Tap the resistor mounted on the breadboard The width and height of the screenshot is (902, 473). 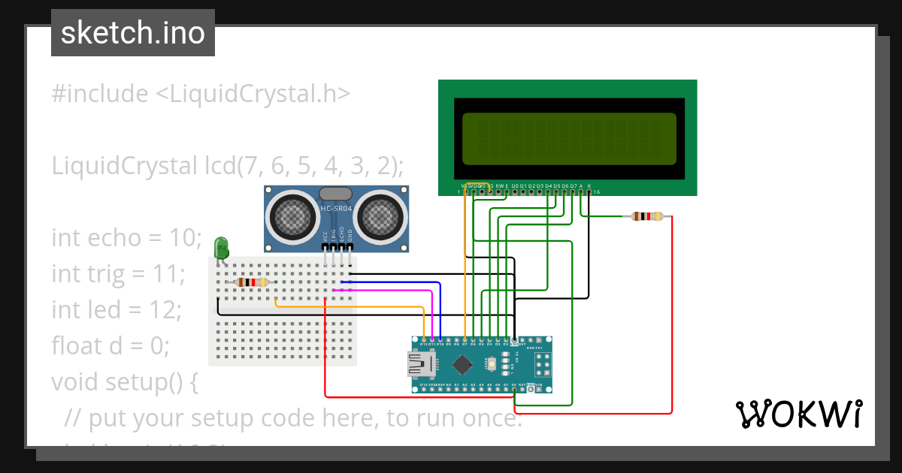tap(252, 282)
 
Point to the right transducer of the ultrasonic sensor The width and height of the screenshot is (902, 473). tap(380, 216)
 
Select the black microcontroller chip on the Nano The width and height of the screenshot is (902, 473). tap(462, 364)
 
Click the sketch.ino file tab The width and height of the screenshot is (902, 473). tap(133, 33)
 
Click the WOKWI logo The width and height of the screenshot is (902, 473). tap(798, 414)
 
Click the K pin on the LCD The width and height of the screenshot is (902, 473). tap(589, 185)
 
